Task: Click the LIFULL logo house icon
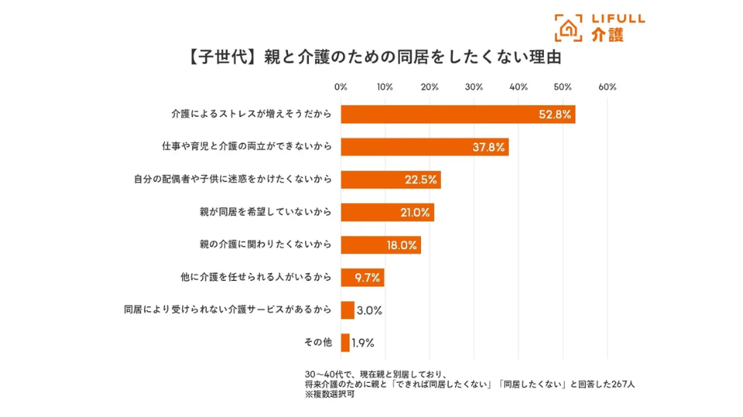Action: click(x=569, y=27)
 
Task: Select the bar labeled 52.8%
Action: click(x=457, y=114)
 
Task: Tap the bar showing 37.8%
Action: click(x=424, y=147)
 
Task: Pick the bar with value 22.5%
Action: click(x=391, y=180)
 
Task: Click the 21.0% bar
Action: click(x=387, y=212)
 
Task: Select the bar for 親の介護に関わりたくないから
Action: click(x=380, y=245)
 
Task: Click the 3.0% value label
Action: click(x=369, y=310)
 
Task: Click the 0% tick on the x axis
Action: click(x=341, y=87)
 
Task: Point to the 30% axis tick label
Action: click(x=474, y=87)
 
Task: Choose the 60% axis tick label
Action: click(x=607, y=87)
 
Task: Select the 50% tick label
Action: click(x=563, y=87)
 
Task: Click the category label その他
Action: click(x=317, y=342)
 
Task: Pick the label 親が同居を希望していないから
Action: click(x=266, y=212)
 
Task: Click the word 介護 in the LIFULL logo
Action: click(x=607, y=34)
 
